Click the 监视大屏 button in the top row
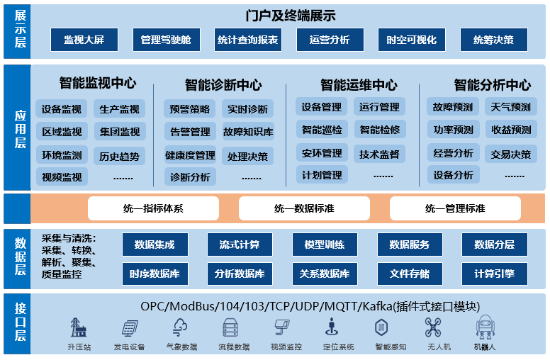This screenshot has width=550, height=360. pyautogui.click(x=84, y=40)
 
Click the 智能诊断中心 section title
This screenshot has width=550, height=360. pyautogui.click(x=223, y=85)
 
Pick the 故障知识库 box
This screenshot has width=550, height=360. pyautogui.click(x=248, y=132)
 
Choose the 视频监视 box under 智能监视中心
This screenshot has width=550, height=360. pyautogui.click(x=62, y=177)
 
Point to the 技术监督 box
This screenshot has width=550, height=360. pyautogui.click(x=379, y=154)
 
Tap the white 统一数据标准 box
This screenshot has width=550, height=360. pyautogui.click(x=304, y=209)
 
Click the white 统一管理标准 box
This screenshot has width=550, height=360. pyautogui.click(x=455, y=209)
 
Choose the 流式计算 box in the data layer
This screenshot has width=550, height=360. pyautogui.click(x=240, y=245)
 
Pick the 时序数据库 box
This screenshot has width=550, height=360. pyautogui.click(x=155, y=274)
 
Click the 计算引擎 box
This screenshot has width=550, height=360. pyautogui.click(x=495, y=274)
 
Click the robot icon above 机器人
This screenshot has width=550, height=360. pyautogui.click(x=485, y=327)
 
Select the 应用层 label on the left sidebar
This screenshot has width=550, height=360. pyautogui.click(x=16, y=128)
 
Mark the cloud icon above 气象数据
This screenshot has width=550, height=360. pyautogui.click(x=180, y=327)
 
